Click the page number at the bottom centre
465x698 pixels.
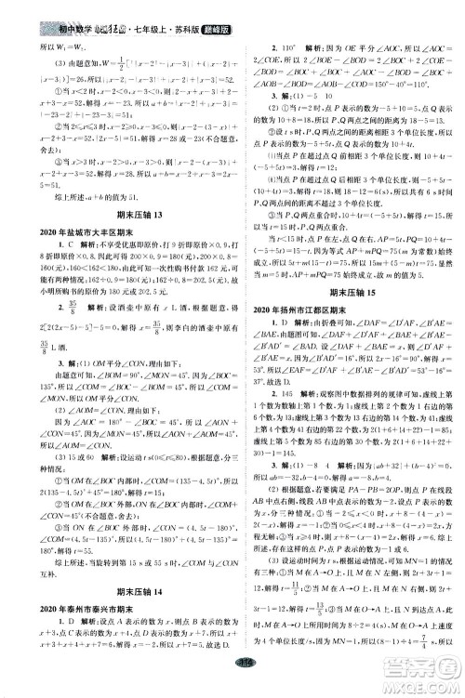pyautogui.click(x=232, y=686)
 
